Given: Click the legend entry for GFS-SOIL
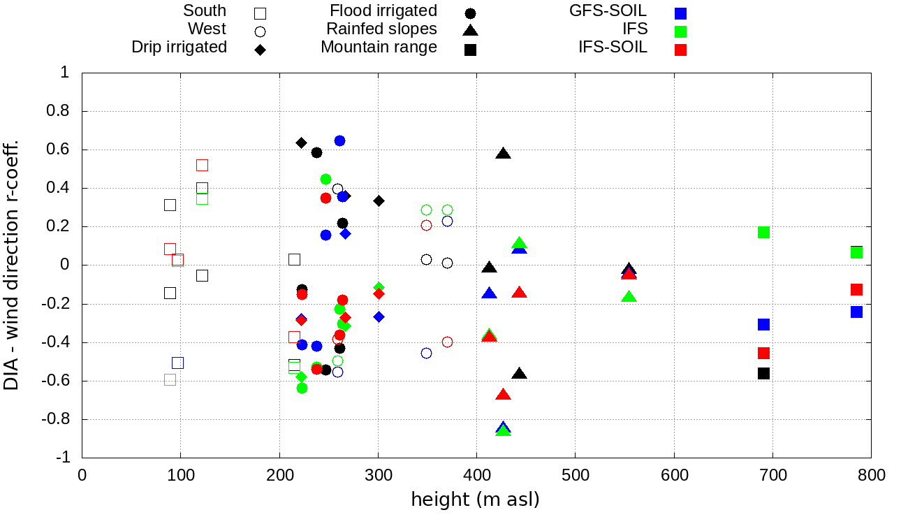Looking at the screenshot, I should click(x=608, y=11).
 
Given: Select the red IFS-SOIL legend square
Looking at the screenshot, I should click(x=681, y=50).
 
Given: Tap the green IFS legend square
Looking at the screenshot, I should click(x=681, y=31).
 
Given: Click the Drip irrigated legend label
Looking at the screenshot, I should click(x=179, y=48).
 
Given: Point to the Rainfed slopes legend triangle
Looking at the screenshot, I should click(x=471, y=30).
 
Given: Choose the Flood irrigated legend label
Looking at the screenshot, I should click(x=383, y=11).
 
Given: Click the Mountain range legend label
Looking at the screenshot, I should click(x=379, y=48).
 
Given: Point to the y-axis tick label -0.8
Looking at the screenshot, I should click(x=57, y=419).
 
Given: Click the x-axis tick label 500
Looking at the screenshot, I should click(x=576, y=476).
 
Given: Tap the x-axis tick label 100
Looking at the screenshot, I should click(x=180, y=476).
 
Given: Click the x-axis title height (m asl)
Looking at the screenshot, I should click(x=476, y=500).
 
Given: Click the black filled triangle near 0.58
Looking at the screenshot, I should click(x=503, y=153).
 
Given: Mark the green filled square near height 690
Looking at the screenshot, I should click(x=763, y=232).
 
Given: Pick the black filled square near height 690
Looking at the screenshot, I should click(x=763, y=373).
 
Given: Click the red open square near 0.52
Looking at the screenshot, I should click(x=202, y=165).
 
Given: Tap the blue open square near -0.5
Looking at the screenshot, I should click(x=177, y=363).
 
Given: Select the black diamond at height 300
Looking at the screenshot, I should click(x=379, y=201).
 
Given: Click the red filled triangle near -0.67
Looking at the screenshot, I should click(x=503, y=395).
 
